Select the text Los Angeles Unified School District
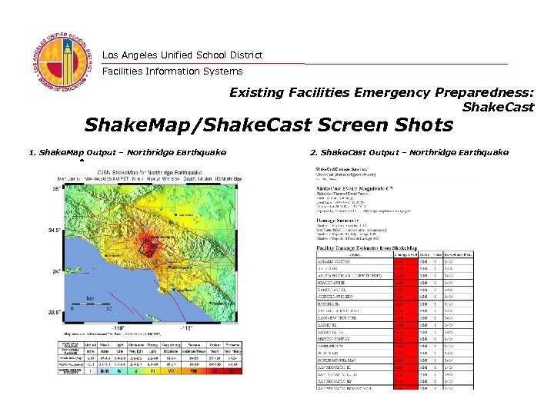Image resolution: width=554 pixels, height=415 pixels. (x=182, y=55)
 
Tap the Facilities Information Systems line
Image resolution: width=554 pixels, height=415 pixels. (x=172, y=71)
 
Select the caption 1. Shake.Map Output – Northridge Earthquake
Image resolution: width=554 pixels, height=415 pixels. (x=127, y=152)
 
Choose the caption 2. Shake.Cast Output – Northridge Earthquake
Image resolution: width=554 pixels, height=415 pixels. (x=409, y=152)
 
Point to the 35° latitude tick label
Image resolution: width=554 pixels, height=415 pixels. (x=55, y=188)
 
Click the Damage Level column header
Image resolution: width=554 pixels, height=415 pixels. (x=405, y=255)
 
